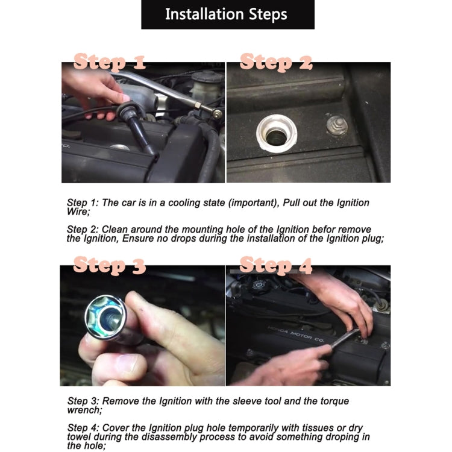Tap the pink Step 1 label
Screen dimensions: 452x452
click(110, 62)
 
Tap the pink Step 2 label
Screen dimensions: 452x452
click(276, 62)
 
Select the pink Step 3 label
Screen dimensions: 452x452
click(110, 265)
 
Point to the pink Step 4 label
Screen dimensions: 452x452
click(276, 265)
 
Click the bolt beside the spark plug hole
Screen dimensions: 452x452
click(337, 125)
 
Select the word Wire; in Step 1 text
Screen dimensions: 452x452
click(78, 212)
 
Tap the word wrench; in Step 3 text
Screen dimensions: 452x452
click(85, 410)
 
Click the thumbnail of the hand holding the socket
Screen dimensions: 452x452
click(142, 325)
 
